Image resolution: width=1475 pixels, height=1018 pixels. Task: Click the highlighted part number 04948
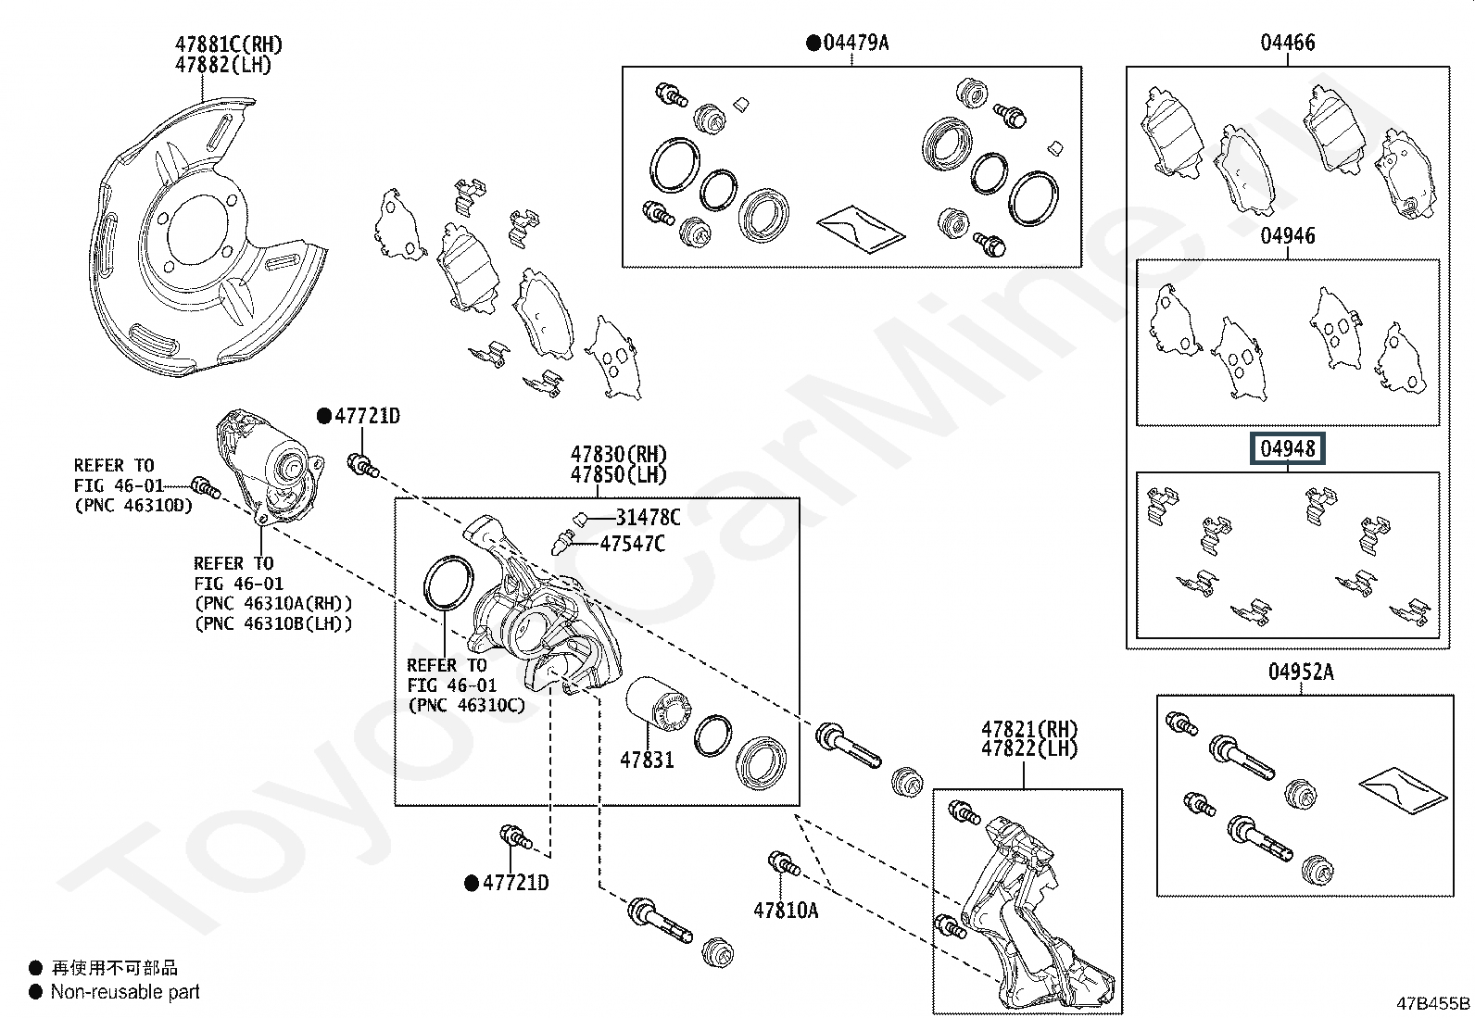[x=1288, y=449]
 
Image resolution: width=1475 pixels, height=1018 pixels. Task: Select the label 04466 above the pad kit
[x=1287, y=43]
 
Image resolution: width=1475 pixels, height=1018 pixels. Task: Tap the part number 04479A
[x=855, y=43]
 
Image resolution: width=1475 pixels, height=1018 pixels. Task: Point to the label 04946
[x=1287, y=236]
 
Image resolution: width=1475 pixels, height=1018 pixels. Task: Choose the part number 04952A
[x=1301, y=672]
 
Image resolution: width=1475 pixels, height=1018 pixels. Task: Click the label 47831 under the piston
[x=647, y=760]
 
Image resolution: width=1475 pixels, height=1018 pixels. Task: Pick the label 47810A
[x=786, y=911]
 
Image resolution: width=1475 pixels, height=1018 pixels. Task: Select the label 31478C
[x=648, y=518]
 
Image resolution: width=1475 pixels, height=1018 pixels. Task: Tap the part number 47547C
[x=632, y=544]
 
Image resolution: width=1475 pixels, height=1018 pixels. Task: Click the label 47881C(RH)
[x=229, y=44]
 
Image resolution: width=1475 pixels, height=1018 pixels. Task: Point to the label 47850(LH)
[x=618, y=475]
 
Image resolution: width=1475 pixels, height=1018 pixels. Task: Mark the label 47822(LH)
[x=1029, y=748]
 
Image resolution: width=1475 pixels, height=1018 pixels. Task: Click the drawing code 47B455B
[x=1432, y=1003]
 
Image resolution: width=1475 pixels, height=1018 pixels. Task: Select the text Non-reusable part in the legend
[x=125, y=992]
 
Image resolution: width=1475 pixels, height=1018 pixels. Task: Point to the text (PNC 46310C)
[x=465, y=705]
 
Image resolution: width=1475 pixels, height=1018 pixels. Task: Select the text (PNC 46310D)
[x=133, y=506]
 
